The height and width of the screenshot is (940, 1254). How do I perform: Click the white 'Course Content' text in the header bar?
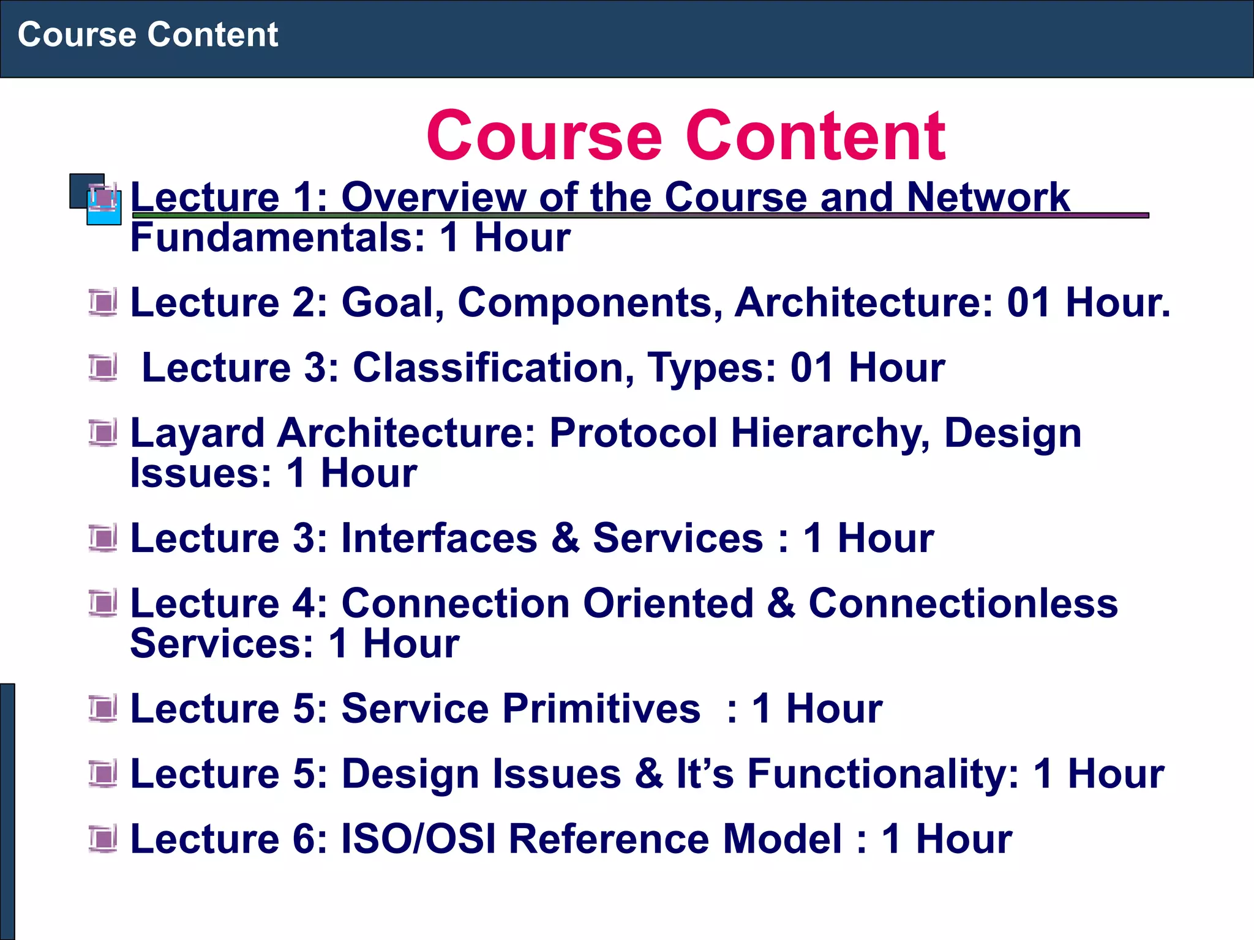click(x=148, y=34)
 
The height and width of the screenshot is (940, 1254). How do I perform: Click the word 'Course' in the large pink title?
click(x=544, y=136)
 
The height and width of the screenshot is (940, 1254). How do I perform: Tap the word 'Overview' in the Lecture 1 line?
click(x=433, y=197)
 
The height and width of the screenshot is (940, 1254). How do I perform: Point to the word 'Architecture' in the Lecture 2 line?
click(x=863, y=302)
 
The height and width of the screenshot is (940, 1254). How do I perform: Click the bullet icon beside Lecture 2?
click(x=102, y=302)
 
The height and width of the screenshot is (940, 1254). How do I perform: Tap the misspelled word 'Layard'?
click(x=197, y=433)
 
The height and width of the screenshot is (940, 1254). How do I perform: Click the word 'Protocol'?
click(x=633, y=433)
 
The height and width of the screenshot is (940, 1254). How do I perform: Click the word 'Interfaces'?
click(x=439, y=539)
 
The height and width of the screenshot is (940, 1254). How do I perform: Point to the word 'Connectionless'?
click(x=963, y=603)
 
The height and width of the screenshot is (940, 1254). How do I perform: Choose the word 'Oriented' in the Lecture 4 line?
click(x=668, y=603)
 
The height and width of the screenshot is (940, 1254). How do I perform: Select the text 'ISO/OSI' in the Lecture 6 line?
click(x=418, y=839)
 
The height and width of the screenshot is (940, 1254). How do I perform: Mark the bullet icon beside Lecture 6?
click(x=102, y=838)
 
